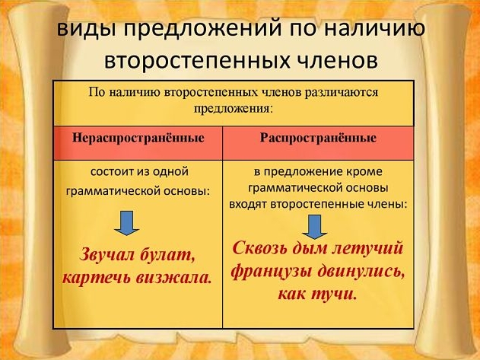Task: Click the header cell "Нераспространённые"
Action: pos(138,143)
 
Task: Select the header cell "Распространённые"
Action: pos(319,143)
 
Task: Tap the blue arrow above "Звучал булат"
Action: pos(127,223)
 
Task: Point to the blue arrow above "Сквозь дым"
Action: pos(314,227)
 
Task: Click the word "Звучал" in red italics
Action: pos(107,254)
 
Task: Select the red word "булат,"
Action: pos(167,254)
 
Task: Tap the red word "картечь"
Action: pos(96,279)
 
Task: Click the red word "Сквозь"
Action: pos(260,247)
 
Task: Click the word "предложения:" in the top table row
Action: pos(233,110)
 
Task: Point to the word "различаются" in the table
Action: pos(342,92)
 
